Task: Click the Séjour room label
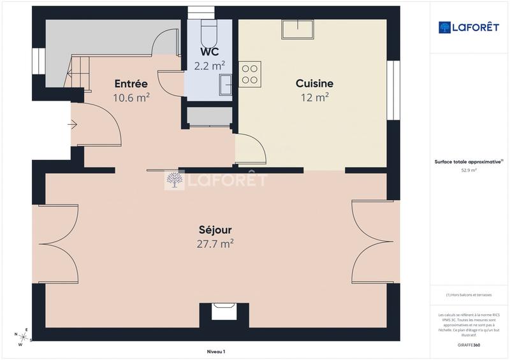click(215, 230)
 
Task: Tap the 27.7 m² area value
click(215, 243)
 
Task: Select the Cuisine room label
click(314, 83)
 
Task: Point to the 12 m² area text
click(314, 97)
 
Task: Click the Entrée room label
click(131, 83)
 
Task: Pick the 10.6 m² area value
click(131, 97)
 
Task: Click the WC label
click(209, 51)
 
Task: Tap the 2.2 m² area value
click(209, 65)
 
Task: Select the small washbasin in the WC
click(226, 85)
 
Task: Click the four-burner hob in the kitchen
click(250, 73)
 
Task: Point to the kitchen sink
click(298, 29)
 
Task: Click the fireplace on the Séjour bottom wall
click(224, 312)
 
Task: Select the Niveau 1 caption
click(216, 352)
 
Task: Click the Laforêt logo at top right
click(469, 27)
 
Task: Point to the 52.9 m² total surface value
click(469, 171)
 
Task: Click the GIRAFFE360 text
click(469, 345)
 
